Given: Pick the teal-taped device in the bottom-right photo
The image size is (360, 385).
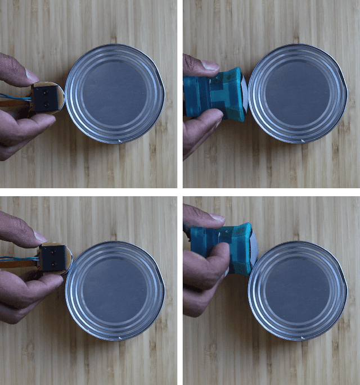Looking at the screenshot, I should click(222, 247).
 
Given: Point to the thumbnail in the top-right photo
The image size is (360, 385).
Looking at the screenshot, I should click(210, 66).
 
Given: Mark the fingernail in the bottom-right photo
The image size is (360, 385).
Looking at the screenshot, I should click(217, 218).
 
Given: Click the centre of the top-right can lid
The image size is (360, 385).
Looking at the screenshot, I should click(297, 93).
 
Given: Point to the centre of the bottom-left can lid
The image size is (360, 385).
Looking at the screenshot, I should click(115, 291).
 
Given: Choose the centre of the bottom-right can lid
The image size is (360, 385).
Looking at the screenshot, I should click(297, 291).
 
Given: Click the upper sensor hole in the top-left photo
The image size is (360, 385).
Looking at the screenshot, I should click(45, 90).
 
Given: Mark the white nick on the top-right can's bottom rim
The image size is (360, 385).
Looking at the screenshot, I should click(304, 140).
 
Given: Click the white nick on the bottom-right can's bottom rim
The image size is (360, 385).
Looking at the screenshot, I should click(304, 338).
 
